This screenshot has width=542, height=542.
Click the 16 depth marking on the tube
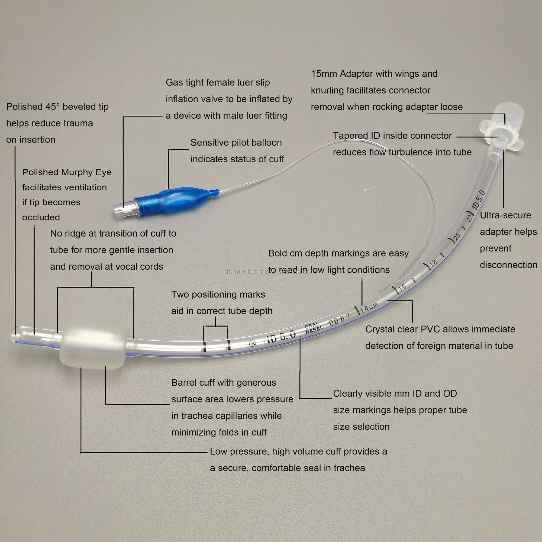(x=402, y=287)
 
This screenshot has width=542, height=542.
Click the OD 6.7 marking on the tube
(x=340, y=320)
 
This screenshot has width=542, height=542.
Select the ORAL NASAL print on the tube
(x=313, y=328)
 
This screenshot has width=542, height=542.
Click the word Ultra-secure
(x=505, y=215)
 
